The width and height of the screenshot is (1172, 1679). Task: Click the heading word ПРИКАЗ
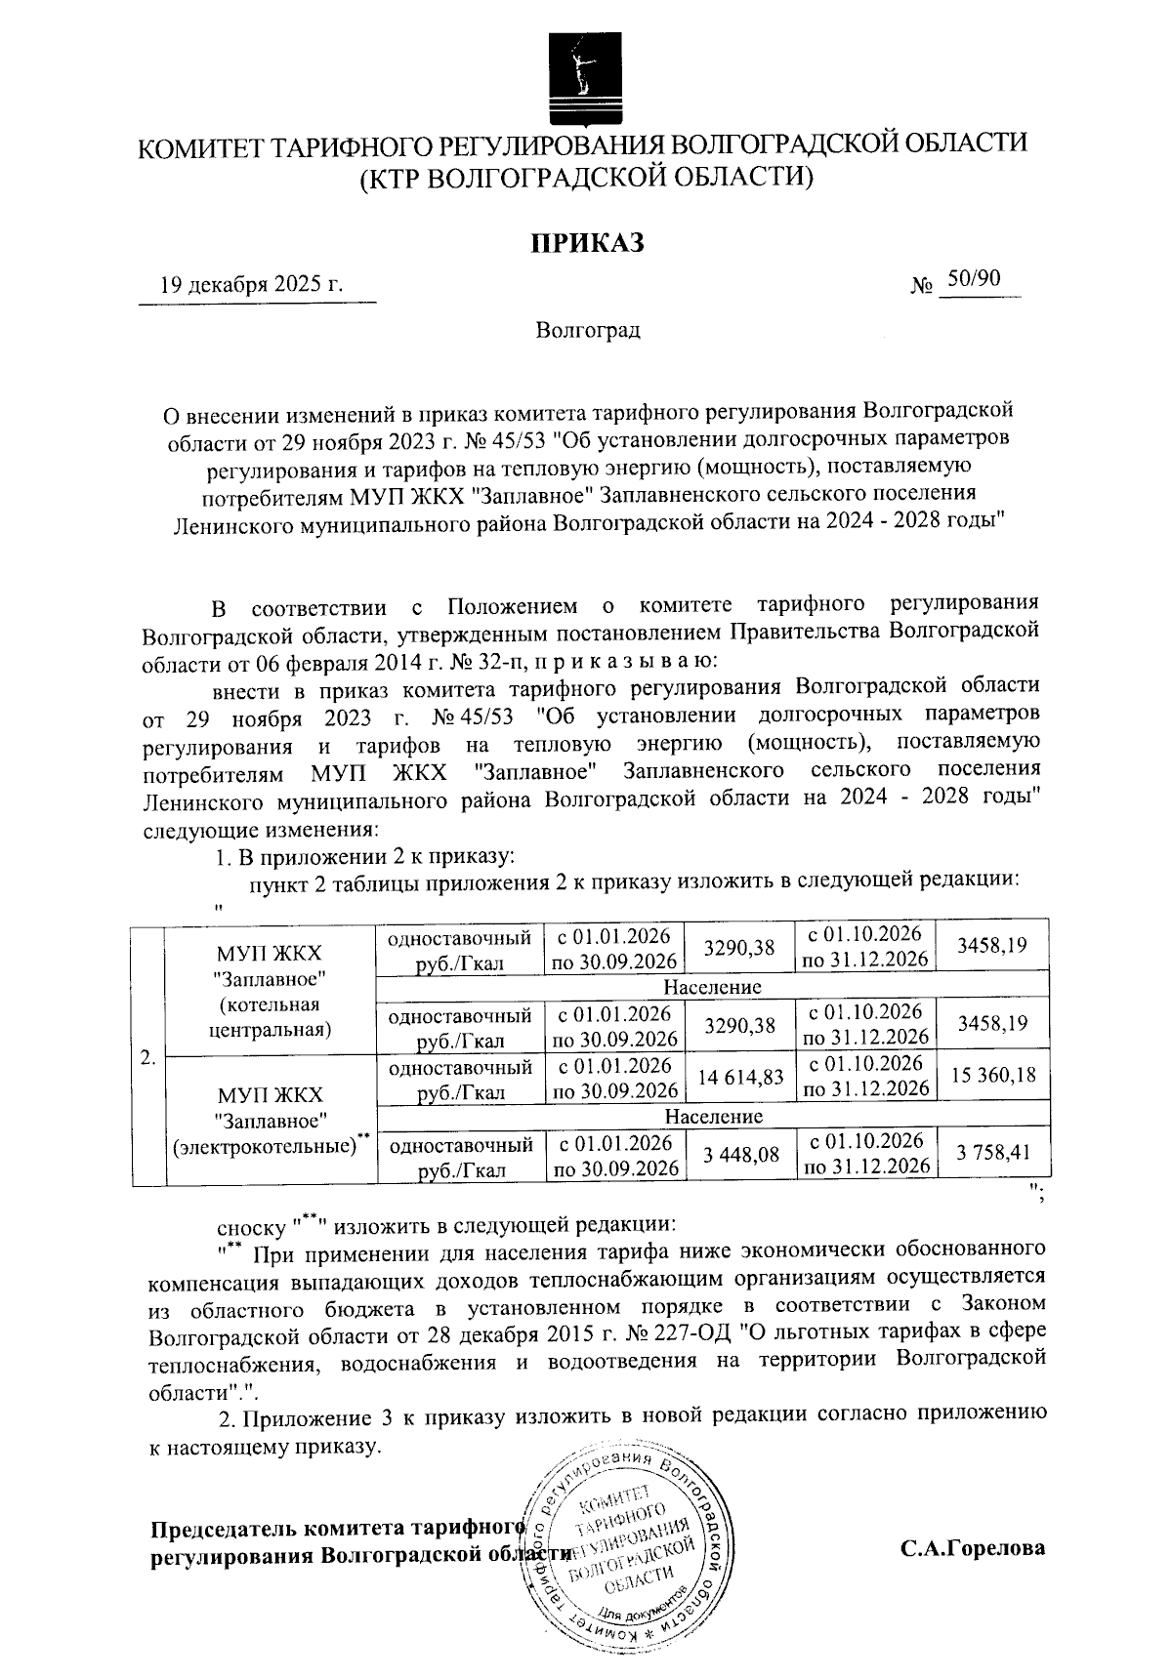pos(587,241)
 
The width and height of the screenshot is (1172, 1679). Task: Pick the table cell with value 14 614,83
pos(740,1077)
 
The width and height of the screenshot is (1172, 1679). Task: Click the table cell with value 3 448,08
pos(740,1155)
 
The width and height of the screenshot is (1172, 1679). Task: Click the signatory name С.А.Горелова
pos(973,1548)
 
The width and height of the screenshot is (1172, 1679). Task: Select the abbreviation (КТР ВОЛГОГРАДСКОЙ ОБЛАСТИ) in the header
pos(586,178)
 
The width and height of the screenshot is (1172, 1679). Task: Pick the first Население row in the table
pos(712,987)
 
